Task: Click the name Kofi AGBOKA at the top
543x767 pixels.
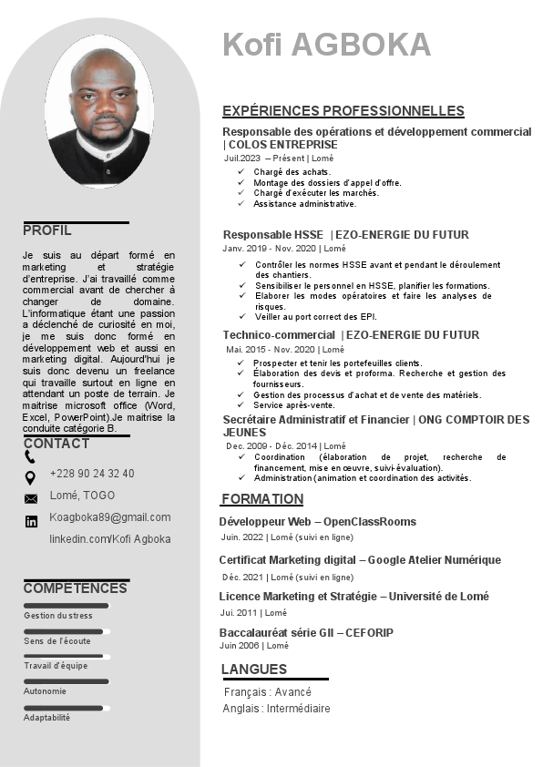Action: [326, 45]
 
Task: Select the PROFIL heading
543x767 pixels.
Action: [47, 230]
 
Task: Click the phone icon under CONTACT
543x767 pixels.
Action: [30, 457]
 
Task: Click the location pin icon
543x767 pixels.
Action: [30, 477]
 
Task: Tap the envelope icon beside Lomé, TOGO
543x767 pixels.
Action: [31, 498]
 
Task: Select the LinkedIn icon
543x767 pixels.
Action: [31, 521]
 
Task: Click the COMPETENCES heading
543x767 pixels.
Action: [75, 588]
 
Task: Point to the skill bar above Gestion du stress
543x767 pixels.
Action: [66, 606]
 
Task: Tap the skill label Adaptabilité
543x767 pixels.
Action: [46, 718]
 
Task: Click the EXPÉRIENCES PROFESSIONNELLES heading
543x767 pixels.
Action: [343, 111]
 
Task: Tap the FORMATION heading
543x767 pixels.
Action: [262, 499]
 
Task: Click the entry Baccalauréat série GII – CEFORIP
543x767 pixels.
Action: [306, 632]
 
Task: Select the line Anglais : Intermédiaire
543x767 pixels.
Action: [277, 709]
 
